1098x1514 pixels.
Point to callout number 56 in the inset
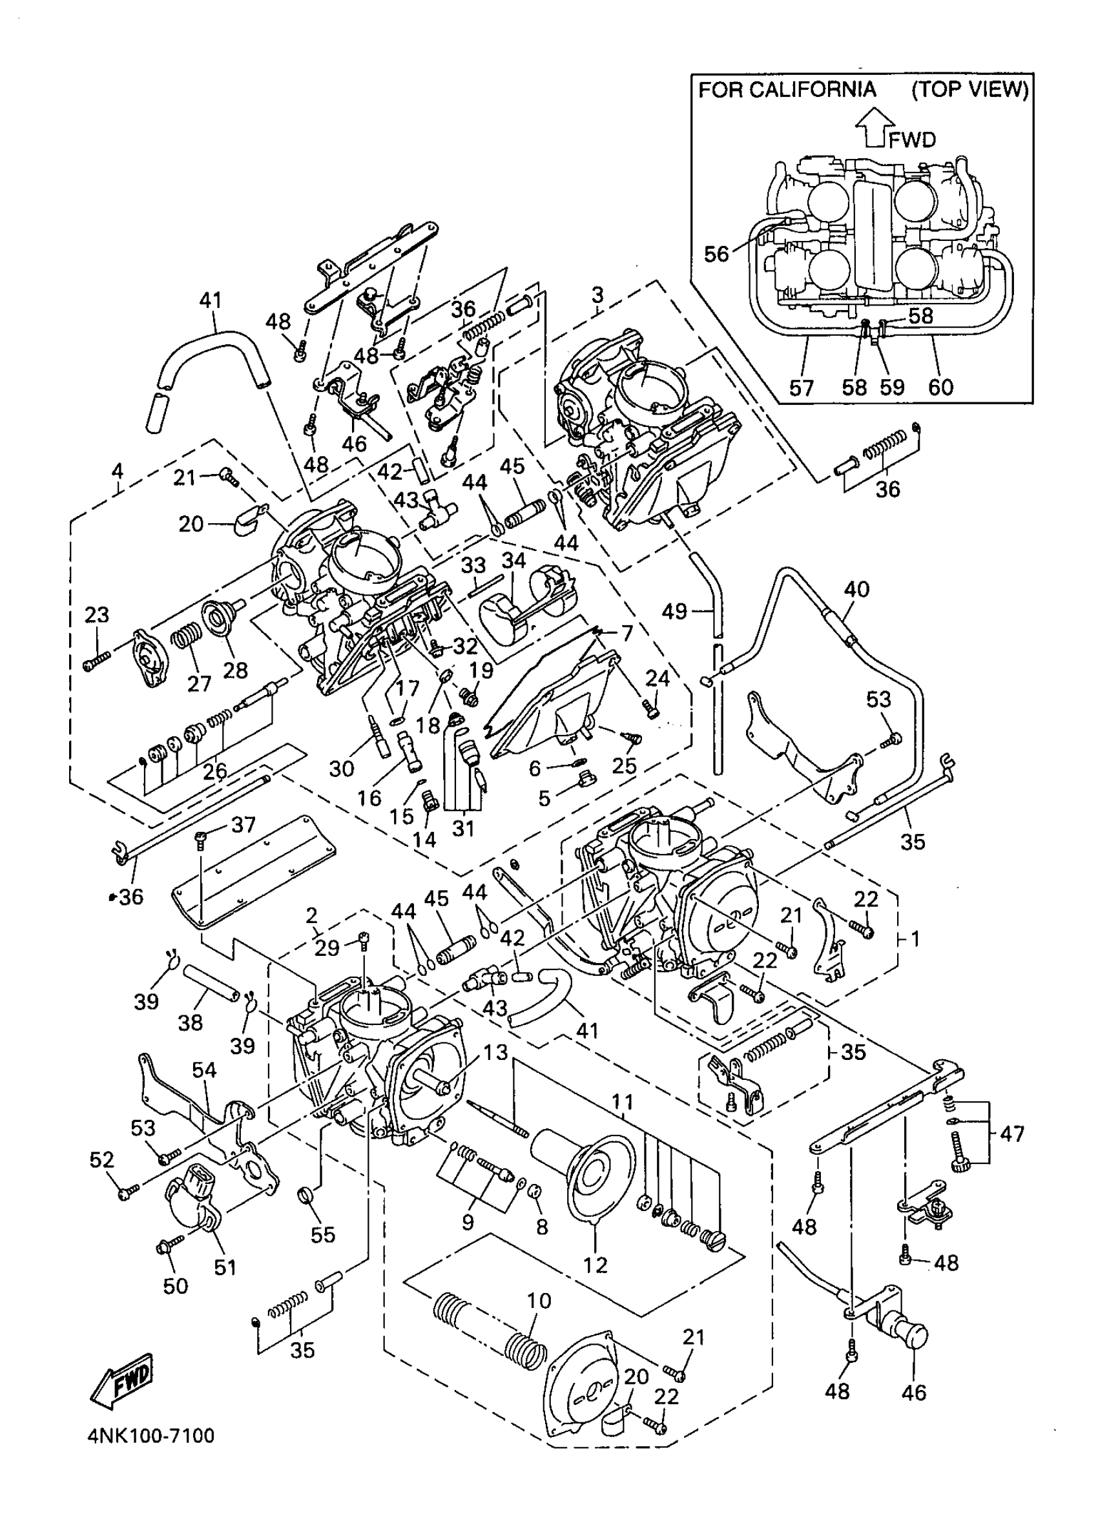717,254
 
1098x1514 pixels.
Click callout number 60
940,386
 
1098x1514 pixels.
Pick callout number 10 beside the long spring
539,1300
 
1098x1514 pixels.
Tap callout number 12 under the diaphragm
596,1263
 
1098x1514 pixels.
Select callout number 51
225,1267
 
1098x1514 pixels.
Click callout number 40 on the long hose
857,589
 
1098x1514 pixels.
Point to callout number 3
597,295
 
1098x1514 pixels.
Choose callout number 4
118,472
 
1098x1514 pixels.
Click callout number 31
463,829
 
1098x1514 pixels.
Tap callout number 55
323,1234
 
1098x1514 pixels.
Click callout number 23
97,614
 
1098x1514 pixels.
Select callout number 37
243,825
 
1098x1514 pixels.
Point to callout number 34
513,561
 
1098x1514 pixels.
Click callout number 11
622,1101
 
